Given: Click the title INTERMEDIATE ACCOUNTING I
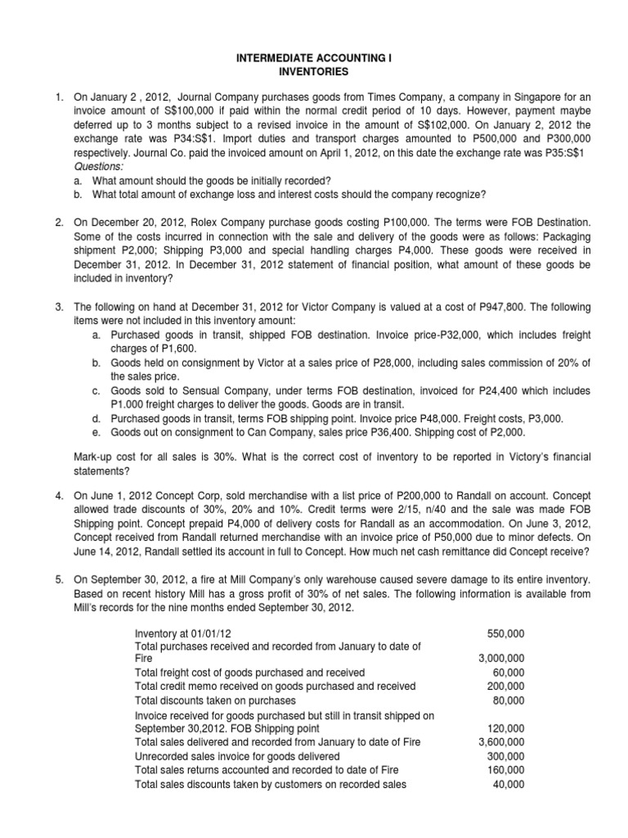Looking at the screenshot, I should click(x=313, y=60).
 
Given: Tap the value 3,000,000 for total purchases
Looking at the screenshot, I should click(x=500, y=659).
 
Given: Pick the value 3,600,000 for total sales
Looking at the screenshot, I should click(x=500, y=742).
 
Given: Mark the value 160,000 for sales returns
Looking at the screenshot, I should click(x=505, y=770).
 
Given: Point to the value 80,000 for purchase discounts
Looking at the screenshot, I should click(x=509, y=701).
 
